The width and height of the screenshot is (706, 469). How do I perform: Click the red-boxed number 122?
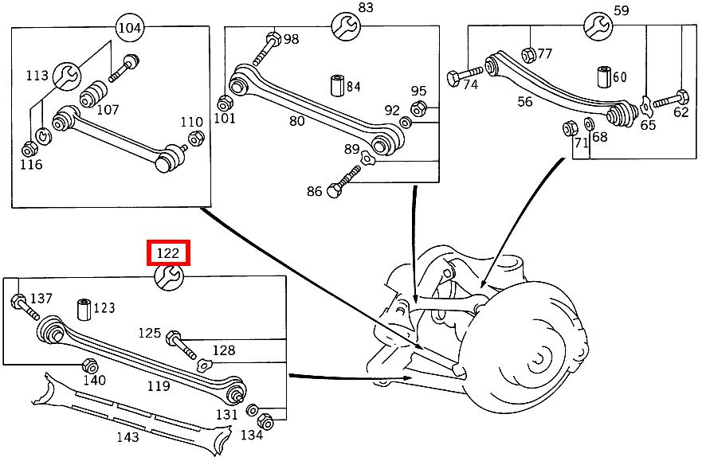tap(168, 253)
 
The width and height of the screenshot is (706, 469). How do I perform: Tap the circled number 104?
tap(130, 28)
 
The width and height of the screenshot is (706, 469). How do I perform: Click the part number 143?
tap(127, 436)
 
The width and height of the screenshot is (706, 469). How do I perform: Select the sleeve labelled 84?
tap(336, 86)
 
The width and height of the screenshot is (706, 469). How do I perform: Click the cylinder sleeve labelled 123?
tap(84, 309)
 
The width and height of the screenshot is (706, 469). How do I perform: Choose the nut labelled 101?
tap(225, 103)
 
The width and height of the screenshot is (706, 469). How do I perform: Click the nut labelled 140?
tap(89, 365)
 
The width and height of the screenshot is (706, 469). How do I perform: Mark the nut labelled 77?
tap(528, 54)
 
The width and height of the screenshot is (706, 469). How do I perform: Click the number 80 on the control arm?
tap(296, 121)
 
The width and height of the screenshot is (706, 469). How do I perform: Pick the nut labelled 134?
tap(266, 423)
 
